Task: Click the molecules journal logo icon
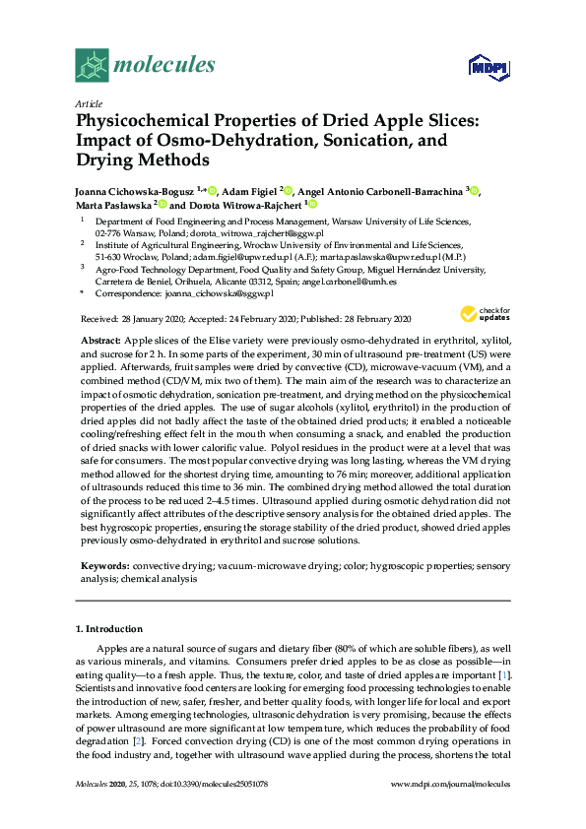pos(93,65)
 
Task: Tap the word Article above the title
pos(88,101)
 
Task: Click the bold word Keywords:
pos(103,566)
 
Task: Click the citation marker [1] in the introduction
pos(504,676)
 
